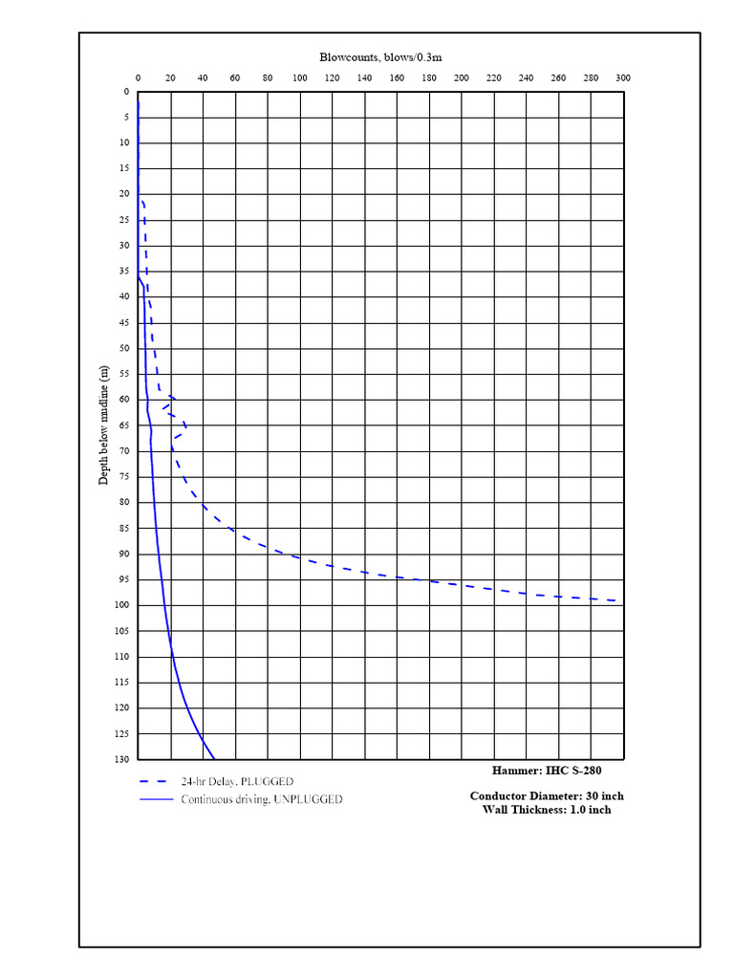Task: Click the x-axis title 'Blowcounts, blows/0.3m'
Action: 380,57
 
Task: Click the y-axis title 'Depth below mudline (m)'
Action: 104,424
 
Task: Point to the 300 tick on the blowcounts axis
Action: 622,78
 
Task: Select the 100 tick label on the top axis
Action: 299,78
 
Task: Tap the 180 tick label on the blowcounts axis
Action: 429,78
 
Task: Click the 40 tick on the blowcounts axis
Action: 203,78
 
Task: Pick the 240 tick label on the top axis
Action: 526,78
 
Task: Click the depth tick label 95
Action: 125,579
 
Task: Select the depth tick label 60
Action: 125,400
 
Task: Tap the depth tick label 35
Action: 125,272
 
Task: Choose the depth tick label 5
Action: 127,118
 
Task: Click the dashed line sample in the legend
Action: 156,781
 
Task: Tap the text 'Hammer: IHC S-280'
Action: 547,770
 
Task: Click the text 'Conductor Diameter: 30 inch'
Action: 547,795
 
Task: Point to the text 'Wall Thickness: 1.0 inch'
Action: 547,810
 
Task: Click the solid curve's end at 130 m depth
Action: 215,758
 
